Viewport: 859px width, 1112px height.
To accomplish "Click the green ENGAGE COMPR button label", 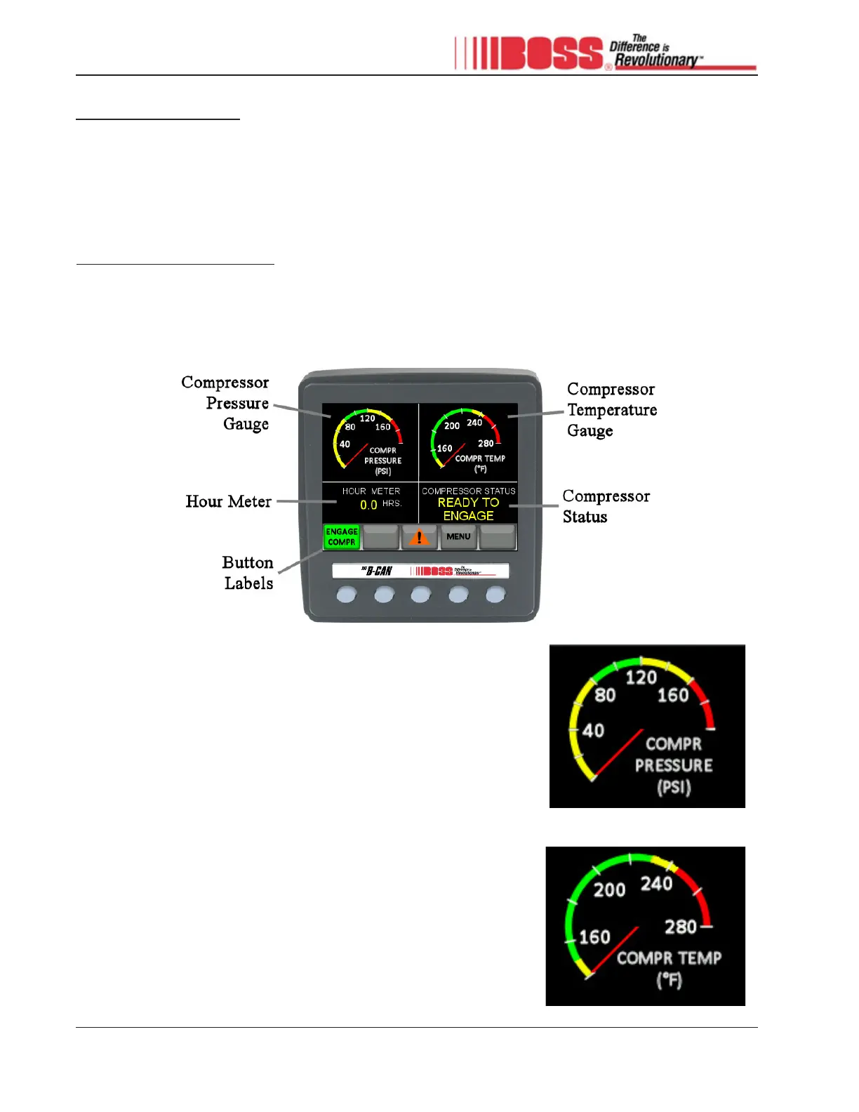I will click(x=342, y=537).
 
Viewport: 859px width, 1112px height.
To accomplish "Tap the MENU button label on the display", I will click(x=458, y=537).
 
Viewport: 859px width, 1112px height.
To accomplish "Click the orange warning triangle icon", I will click(x=419, y=538).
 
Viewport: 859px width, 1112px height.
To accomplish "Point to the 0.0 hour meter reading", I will click(x=368, y=505).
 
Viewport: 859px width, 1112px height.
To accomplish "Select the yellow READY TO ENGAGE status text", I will click(x=468, y=509).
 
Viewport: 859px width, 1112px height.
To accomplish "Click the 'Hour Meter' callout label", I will click(x=228, y=501).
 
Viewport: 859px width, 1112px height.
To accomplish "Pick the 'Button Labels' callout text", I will click(x=248, y=573).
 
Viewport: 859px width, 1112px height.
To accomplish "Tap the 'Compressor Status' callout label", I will click(x=606, y=506).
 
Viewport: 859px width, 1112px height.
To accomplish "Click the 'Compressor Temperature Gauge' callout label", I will click(x=611, y=410).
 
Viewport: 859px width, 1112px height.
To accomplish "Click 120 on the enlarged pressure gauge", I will click(x=641, y=677).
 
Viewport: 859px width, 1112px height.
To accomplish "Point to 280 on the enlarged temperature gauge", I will click(x=681, y=927).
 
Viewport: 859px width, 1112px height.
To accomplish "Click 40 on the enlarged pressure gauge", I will click(x=593, y=731).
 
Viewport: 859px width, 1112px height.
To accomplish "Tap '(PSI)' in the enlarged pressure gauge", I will click(x=674, y=787).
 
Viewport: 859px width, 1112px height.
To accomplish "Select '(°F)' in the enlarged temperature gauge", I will click(x=669, y=980).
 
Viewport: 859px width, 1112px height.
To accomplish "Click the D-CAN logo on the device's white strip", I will click(x=377, y=571).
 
